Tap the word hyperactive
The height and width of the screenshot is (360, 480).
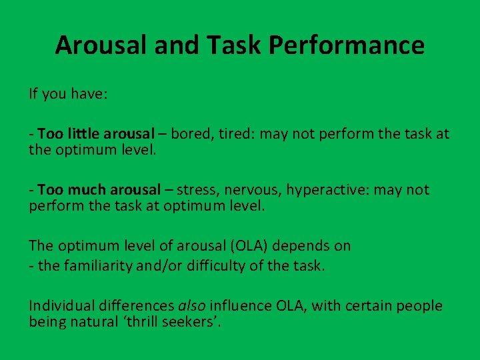pos(327,190)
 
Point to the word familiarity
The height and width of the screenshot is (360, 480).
pos(98,266)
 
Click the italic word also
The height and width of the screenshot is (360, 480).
pos(192,306)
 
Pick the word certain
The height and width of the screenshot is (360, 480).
pos(365,306)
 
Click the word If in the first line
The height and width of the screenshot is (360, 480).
pos(33,94)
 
